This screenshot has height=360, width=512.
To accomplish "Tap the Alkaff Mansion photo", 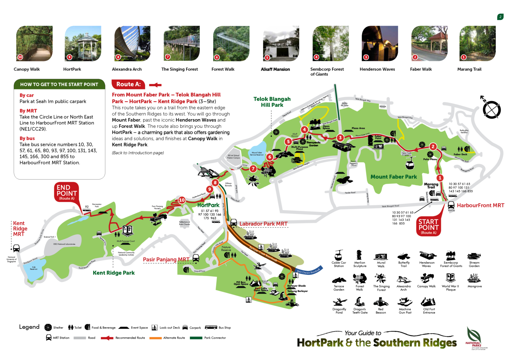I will point(281,43).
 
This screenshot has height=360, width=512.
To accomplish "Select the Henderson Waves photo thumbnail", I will point(380,43).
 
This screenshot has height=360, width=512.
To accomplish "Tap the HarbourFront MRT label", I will point(480,206).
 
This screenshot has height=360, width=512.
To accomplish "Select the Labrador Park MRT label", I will point(263,224).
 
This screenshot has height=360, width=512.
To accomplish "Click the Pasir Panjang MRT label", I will point(166,260).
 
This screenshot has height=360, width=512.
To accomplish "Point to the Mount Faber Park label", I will point(394,177).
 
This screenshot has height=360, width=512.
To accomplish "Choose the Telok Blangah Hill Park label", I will point(272,102).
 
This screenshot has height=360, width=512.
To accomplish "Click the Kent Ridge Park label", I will point(114,273).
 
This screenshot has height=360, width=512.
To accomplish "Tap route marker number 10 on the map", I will point(182,200).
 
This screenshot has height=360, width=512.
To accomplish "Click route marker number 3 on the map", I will point(340,137).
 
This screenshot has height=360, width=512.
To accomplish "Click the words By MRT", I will point(28,111).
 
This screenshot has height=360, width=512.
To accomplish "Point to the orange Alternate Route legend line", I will point(155,338).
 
